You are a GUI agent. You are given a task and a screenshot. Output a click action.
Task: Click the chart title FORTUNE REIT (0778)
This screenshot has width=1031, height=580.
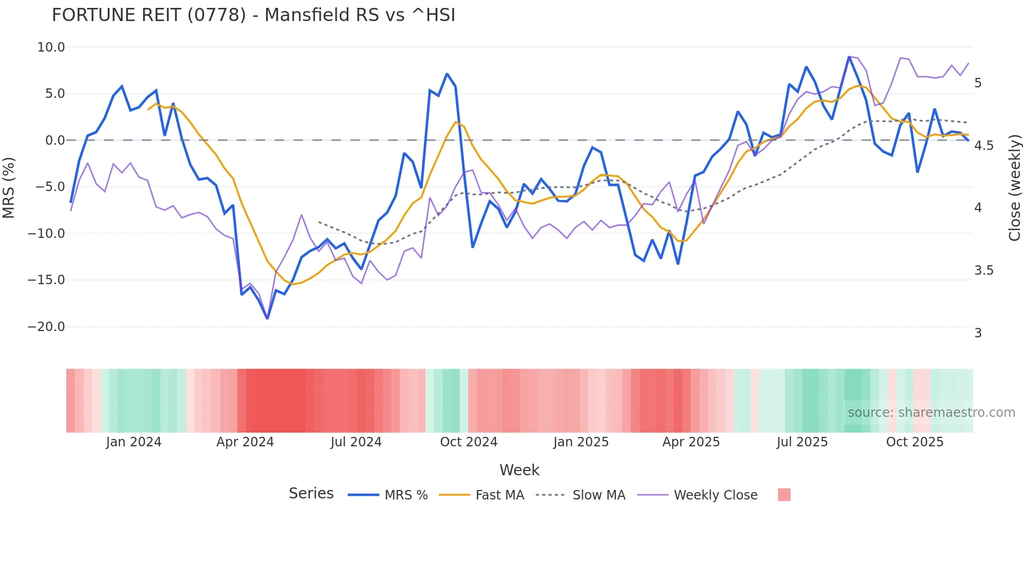pyautogui.click(x=253, y=15)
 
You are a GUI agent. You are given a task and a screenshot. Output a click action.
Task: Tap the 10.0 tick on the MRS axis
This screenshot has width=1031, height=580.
pyautogui.click(x=51, y=47)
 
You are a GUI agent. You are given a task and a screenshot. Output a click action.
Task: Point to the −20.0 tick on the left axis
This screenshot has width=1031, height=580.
pyautogui.click(x=46, y=327)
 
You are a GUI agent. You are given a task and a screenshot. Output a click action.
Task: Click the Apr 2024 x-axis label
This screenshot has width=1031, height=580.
pyautogui.click(x=245, y=442)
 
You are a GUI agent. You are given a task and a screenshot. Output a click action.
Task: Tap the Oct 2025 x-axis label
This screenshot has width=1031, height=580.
pyautogui.click(x=915, y=442)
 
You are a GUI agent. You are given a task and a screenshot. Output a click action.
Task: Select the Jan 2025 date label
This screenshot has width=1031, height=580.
pyautogui.click(x=581, y=442)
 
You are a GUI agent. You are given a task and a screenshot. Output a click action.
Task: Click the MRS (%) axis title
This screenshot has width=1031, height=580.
pyautogui.click(x=9, y=187)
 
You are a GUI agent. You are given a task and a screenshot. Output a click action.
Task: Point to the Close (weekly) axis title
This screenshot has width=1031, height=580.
pyautogui.click(x=1015, y=187)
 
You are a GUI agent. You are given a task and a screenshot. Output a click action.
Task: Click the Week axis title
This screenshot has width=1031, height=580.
pyautogui.click(x=519, y=470)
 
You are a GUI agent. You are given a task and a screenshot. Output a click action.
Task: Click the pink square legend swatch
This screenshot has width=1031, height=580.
pyautogui.click(x=784, y=495)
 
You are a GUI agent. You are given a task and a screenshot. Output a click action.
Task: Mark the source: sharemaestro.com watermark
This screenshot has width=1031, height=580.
pyautogui.click(x=931, y=413)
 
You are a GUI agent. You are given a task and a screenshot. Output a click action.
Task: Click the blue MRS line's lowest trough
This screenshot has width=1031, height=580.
pyautogui.click(x=267, y=318)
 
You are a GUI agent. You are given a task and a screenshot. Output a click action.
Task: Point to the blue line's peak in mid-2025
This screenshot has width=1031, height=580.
pyautogui.click(x=849, y=57)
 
